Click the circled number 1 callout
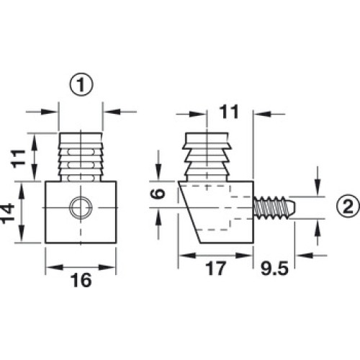tap(81, 85)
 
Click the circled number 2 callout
tap(348, 207)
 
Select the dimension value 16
tap(81, 280)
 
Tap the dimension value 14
tap(6, 213)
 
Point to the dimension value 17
tap(216, 268)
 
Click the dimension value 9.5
tap(274, 268)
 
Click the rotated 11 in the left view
tap(18, 158)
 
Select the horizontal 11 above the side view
tap(229, 112)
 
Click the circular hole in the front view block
tap(81, 207)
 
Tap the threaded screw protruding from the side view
tap(274, 207)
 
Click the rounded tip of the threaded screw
tap(292, 207)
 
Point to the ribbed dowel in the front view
tap(81, 156)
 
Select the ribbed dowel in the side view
tap(207, 156)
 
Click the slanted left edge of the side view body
tap(189, 212)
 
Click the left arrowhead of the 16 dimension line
tap(54, 267)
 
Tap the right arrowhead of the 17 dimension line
tap(244, 256)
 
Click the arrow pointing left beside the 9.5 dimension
tap(305, 256)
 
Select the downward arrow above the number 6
tap(158, 171)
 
